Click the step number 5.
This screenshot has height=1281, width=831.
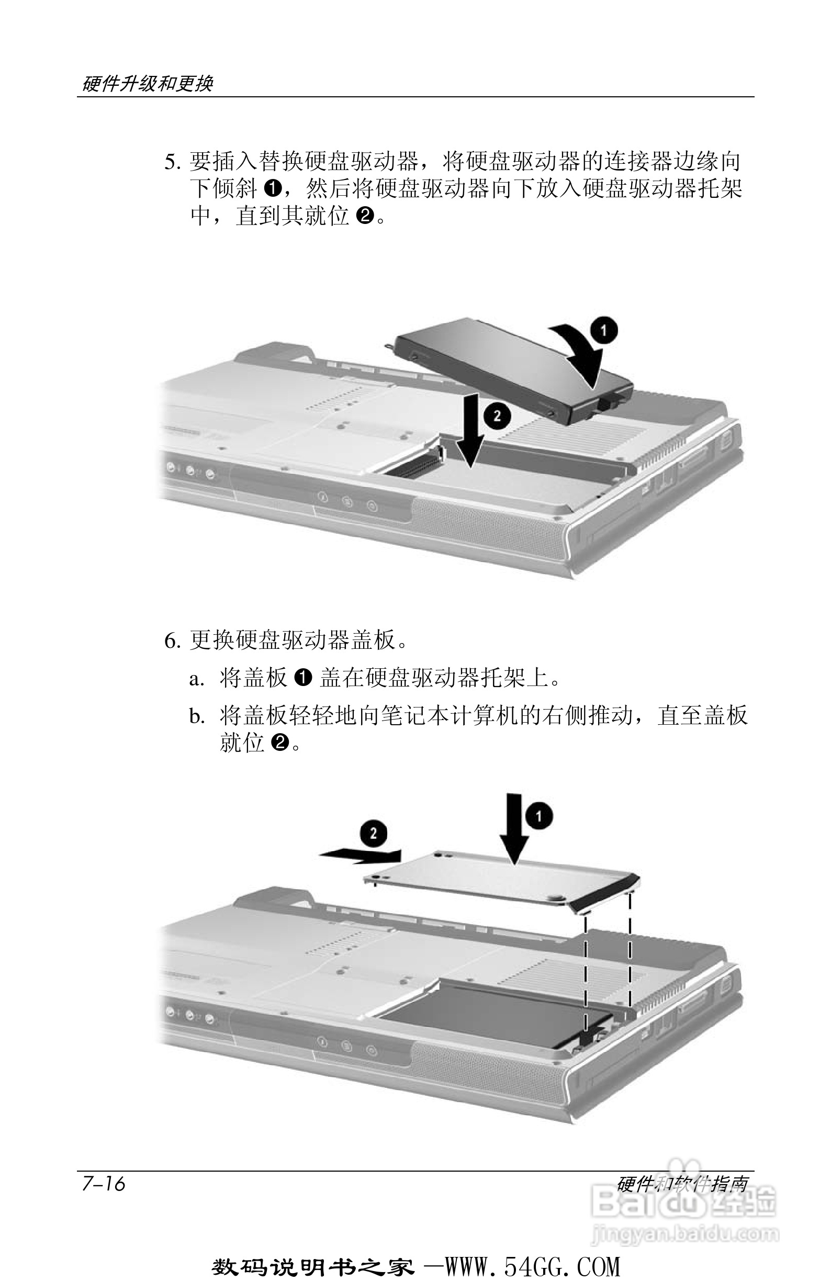pos(171,162)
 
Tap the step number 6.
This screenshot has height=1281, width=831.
pos(171,640)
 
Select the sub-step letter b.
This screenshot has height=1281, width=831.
pos(196,716)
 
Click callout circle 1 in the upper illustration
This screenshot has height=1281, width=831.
pos(603,331)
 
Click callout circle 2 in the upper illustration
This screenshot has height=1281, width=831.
pos(496,415)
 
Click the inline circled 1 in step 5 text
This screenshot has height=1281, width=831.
pos(273,188)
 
